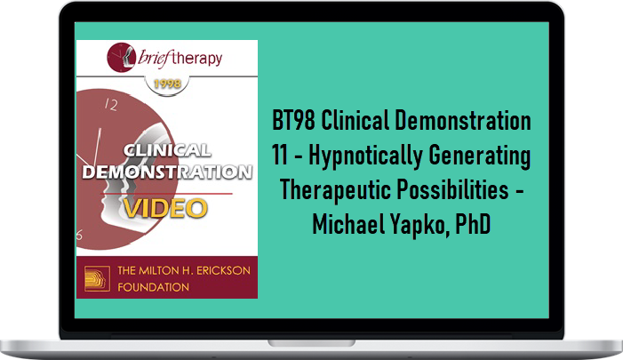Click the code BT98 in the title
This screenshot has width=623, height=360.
[293, 120]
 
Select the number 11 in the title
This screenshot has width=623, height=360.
[280, 155]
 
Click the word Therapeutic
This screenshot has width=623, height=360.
[334, 191]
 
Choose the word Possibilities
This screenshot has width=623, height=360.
[452, 189]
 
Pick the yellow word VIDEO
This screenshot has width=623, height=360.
[165, 208]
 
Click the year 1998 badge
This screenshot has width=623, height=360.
[167, 84]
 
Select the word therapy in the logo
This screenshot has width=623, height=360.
[198, 59]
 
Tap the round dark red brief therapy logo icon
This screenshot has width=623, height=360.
[121, 57]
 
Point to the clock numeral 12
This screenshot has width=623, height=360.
[111, 105]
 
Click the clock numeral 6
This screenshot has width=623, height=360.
[79, 236]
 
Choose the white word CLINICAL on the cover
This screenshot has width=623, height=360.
[167, 150]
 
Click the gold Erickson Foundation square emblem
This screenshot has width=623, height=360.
[97, 278]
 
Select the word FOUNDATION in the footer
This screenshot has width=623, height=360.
[154, 287]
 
